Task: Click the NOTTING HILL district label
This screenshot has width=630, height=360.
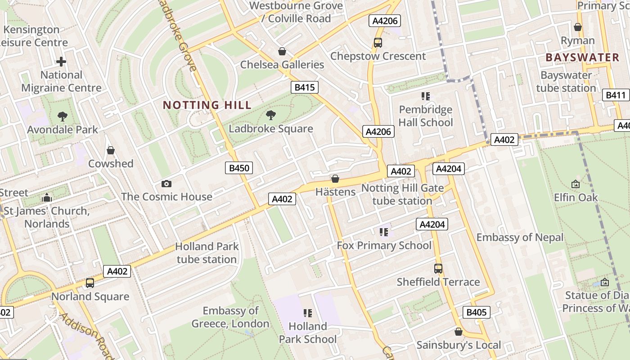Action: click(x=207, y=105)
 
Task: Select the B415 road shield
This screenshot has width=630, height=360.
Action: click(x=305, y=87)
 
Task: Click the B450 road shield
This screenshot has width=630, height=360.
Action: click(x=238, y=168)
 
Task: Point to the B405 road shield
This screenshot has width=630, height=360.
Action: click(x=476, y=312)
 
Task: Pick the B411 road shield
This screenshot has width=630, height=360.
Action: click(x=615, y=95)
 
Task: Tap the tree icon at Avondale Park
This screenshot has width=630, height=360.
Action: click(x=63, y=117)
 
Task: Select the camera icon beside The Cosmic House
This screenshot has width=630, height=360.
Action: click(x=166, y=184)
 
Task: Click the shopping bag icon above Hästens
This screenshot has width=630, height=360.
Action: click(x=335, y=179)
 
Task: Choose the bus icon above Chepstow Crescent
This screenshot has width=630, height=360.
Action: click(x=378, y=43)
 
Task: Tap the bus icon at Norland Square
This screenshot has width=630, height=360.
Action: click(x=90, y=283)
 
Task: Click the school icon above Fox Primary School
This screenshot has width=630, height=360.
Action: click(x=384, y=232)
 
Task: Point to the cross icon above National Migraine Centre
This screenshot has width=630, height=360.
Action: click(x=61, y=62)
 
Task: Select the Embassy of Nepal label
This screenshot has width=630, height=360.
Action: click(x=520, y=237)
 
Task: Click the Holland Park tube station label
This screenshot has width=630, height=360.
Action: click(x=207, y=253)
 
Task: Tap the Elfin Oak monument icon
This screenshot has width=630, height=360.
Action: click(x=575, y=184)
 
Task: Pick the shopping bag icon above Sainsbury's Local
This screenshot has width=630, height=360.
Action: click(x=458, y=332)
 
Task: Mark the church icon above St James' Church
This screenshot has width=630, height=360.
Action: click(x=46, y=198)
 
